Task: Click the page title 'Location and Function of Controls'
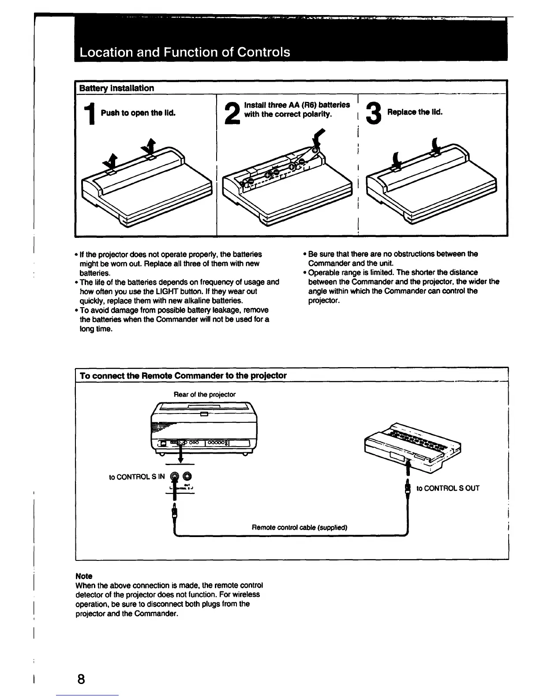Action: (x=185, y=53)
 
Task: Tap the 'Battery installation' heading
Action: (x=116, y=88)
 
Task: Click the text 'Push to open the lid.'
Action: (x=138, y=113)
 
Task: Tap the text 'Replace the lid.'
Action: (x=415, y=112)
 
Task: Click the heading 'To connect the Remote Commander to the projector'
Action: (x=183, y=376)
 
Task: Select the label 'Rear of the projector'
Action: (x=205, y=395)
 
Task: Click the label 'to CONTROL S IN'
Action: (x=137, y=477)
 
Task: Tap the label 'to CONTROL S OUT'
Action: (x=448, y=488)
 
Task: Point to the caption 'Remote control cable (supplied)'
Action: (x=299, y=527)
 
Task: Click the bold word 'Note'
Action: (x=84, y=576)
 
